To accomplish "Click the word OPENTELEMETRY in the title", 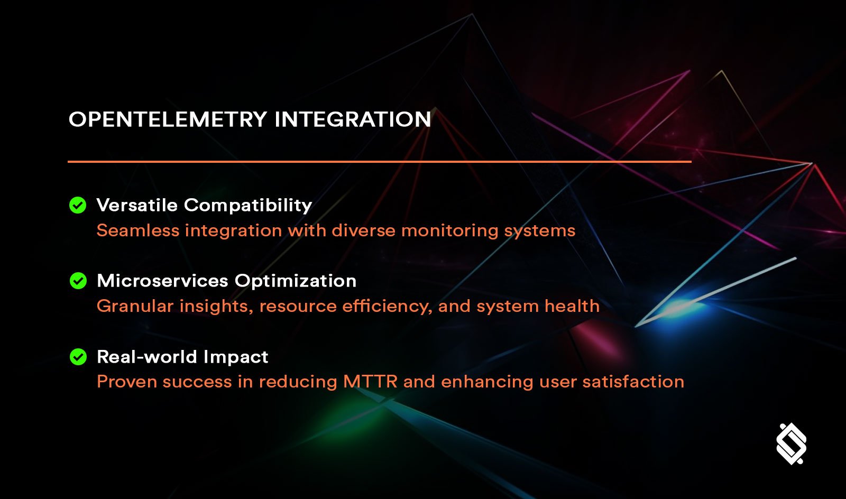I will point(168,119).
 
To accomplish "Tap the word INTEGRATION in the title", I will point(353,119).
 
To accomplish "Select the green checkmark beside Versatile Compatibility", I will point(78,205).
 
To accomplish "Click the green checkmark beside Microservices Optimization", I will point(78,281).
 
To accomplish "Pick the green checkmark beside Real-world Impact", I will point(78,357).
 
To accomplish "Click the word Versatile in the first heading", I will point(137,205).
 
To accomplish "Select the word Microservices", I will point(162,281).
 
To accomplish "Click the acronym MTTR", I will point(370,382).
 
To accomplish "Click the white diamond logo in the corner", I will point(791,443).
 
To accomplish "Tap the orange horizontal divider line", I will point(379,161).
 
